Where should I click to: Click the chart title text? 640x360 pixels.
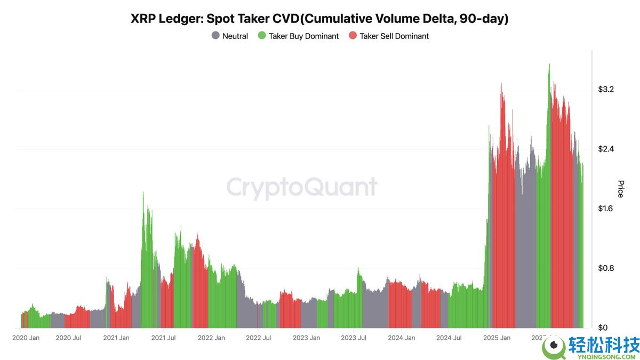tap(319, 19)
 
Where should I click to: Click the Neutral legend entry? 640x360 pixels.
tap(235, 36)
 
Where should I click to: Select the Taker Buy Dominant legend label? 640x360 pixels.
tap(303, 36)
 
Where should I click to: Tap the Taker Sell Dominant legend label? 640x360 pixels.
tap(394, 36)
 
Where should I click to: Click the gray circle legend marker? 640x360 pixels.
tap(215, 36)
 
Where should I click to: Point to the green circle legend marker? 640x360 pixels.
tap(262, 36)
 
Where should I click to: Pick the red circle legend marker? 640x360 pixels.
tap(353, 36)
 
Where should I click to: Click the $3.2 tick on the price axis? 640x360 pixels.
tap(606, 89)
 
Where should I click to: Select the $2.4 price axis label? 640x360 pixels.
tap(606, 149)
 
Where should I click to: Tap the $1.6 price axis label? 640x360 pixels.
tap(606, 209)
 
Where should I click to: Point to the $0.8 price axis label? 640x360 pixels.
tap(606, 268)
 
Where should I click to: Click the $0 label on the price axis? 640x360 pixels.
tap(603, 327)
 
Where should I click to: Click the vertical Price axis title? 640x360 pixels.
tap(620, 189)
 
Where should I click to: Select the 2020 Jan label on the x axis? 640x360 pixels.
tap(26, 338)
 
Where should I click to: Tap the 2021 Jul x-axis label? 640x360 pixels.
tap(164, 338)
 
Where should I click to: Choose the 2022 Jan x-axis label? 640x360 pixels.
tap(212, 338)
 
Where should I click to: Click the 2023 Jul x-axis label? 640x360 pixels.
tap(353, 338)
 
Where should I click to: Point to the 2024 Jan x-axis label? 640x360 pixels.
tap(402, 338)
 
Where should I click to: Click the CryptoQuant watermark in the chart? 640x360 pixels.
tap(302, 187)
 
